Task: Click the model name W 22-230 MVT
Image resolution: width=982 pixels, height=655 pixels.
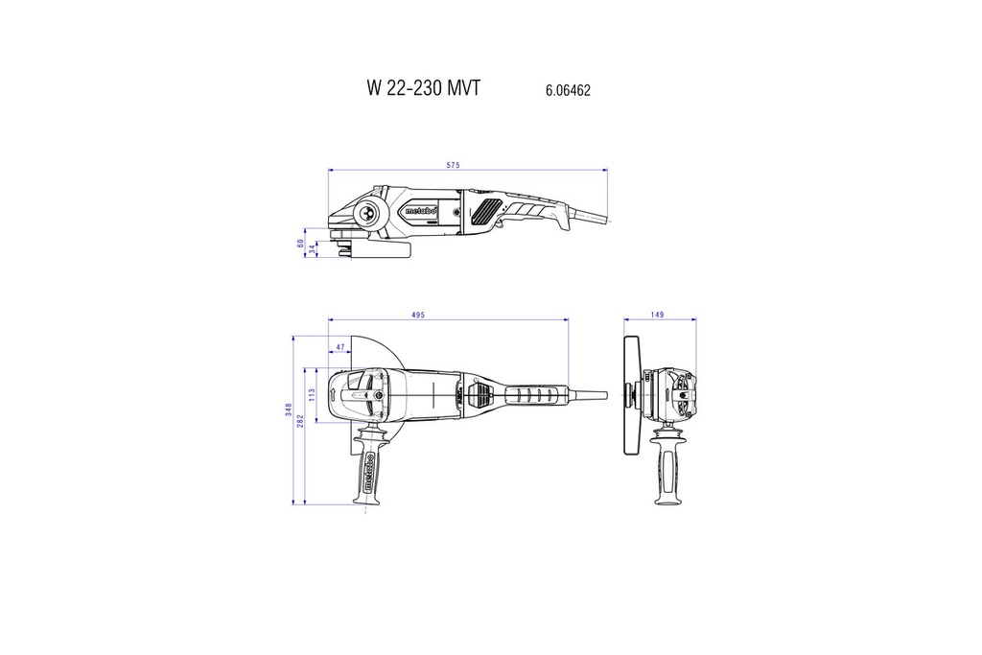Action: pyautogui.click(x=423, y=88)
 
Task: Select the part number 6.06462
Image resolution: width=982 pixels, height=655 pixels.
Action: pyautogui.click(x=567, y=90)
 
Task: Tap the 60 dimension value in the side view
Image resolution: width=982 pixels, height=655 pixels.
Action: pyautogui.click(x=299, y=244)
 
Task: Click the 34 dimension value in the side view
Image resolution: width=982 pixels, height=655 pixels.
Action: pyautogui.click(x=311, y=249)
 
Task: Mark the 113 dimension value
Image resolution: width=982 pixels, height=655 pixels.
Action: pyautogui.click(x=312, y=393)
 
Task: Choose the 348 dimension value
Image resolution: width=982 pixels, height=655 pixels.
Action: pyautogui.click(x=289, y=409)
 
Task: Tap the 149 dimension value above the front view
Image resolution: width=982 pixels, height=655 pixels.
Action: pyautogui.click(x=657, y=314)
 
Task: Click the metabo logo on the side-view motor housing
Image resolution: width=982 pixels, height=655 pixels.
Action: pyautogui.click(x=421, y=210)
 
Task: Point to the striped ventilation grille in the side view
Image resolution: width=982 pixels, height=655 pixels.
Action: pyautogui.click(x=486, y=209)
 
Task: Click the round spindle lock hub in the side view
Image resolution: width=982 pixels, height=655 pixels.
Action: pyautogui.click(x=367, y=212)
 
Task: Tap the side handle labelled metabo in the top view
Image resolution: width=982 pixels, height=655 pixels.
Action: pyautogui.click(x=370, y=467)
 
